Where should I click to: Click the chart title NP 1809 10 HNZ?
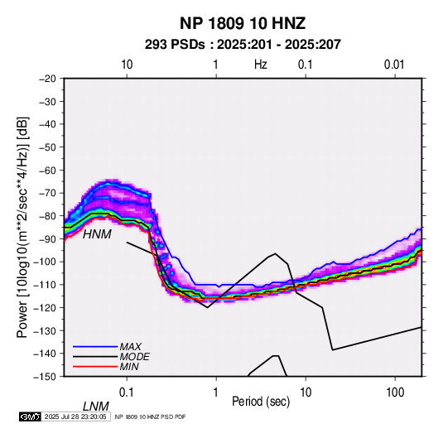click(x=243, y=23)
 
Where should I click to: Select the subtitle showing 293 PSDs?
click(x=243, y=45)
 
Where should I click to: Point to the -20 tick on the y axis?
click(x=47, y=79)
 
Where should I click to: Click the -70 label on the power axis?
click(x=47, y=193)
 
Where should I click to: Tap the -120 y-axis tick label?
click(x=46, y=307)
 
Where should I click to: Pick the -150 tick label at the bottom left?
click(x=46, y=377)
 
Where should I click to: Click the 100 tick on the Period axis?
click(x=395, y=392)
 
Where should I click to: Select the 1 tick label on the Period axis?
click(x=216, y=392)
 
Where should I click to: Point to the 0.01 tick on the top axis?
click(x=394, y=65)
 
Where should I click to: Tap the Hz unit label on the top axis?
click(x=261, y=65)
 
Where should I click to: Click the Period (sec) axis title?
click(x=261, y=402)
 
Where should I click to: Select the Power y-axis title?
click(x=22, y=227)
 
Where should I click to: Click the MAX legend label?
click(x=131, y=346)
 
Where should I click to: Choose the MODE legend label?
click(x=134, y=357)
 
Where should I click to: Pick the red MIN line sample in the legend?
click(x=95, y=367)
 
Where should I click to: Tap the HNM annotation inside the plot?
click(x=97, y=234)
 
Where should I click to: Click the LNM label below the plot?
click(x=96, y=407)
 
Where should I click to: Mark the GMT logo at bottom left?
click(x=30, y=416)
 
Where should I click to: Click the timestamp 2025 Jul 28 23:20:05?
click(x=75, y=416)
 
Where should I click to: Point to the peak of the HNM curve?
click(x=275, y=253)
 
